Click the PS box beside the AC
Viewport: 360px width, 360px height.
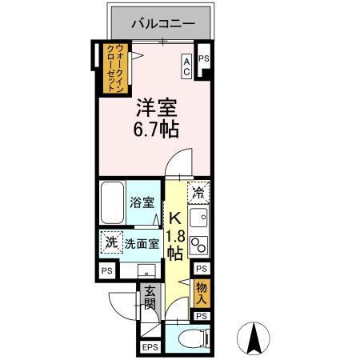point(203,58)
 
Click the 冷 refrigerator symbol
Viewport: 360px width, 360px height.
point(199,193)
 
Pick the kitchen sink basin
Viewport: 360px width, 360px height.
point(201,217)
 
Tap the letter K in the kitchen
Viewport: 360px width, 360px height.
point(174,218)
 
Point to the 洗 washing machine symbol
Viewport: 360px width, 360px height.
point(110,242)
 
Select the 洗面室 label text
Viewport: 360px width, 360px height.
point(142,243)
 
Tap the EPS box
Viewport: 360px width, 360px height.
point(150,347)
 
